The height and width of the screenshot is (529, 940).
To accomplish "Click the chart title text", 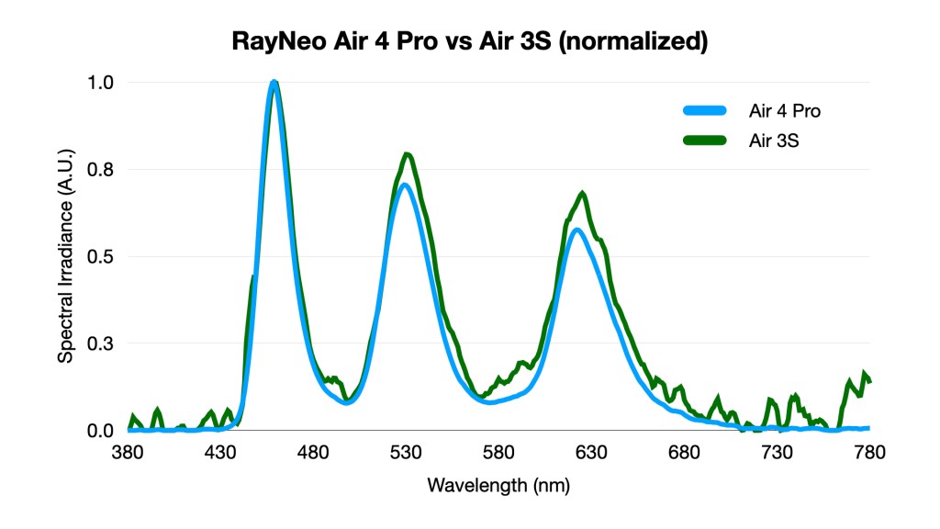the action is [469, 41].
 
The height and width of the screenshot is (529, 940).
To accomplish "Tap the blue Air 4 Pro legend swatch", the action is [705, 111].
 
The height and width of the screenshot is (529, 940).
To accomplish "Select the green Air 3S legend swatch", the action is [705, 141].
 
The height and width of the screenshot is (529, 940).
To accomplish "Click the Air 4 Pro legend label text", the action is [784, 111].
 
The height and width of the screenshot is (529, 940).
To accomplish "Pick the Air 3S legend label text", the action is [773, 141].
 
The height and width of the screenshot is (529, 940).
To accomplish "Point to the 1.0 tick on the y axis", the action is [100, 82].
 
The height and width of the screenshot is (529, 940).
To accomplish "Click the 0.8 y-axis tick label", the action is [100, 169].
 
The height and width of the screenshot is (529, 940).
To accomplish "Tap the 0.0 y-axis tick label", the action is [100, 430].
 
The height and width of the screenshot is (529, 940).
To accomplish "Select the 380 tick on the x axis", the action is [128, 452].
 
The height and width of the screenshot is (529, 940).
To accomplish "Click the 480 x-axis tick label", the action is [313, 452].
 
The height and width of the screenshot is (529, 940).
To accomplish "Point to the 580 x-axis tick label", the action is [498, 452].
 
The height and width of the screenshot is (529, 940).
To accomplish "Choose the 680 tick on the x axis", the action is [684, 452].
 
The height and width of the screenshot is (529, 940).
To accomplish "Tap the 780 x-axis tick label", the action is [869, 452].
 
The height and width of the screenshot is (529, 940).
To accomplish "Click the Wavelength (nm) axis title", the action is [498, 485].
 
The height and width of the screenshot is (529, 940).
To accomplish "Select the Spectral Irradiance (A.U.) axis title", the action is [65, 256].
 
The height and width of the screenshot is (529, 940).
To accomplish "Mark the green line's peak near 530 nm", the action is [408, 154].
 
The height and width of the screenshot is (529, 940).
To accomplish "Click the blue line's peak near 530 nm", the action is [405, 185].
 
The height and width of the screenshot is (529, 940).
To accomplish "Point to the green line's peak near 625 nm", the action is [582, 193].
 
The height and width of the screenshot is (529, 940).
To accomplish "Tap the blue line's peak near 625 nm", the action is [576, 230].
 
